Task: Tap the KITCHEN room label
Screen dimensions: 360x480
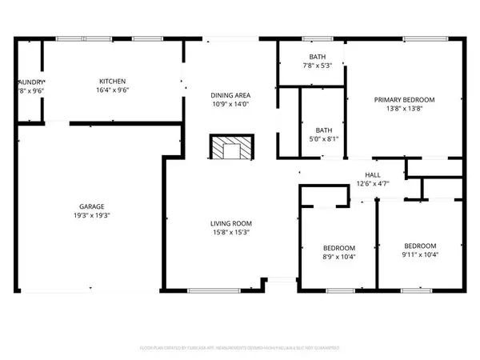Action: pos(112,82)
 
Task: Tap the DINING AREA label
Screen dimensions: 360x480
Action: pos(230,95)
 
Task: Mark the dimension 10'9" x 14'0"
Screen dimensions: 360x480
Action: pos(230,105)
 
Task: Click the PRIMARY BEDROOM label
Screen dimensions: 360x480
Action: pos(404,100)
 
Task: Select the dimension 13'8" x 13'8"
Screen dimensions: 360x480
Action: pos(404,110)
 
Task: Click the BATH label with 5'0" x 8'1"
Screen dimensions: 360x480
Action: pos(324,130)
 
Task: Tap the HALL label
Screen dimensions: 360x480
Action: pos(373,175)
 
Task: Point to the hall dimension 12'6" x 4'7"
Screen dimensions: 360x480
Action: pos(373,185)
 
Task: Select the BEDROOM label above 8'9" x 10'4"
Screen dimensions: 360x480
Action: pos(339,248)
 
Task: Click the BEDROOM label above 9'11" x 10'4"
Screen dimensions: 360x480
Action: pos(420,246)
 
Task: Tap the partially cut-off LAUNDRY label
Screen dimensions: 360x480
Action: pos(32,82)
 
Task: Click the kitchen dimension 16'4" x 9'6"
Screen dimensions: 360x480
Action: pos(112,91)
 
